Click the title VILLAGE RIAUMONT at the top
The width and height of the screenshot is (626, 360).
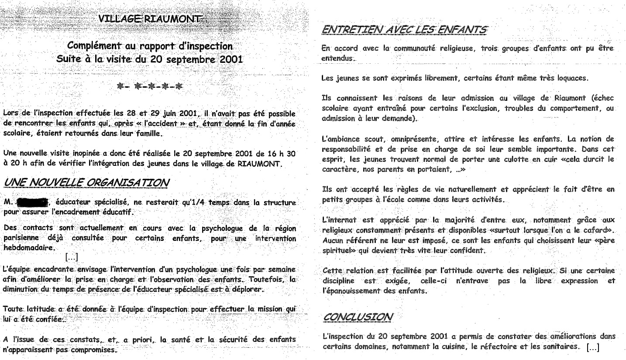click(x=151, y=18)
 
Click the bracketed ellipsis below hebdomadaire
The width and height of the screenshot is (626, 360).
click(x=71, y=257)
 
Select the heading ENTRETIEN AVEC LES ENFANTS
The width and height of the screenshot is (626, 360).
click(x=404, y=30)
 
